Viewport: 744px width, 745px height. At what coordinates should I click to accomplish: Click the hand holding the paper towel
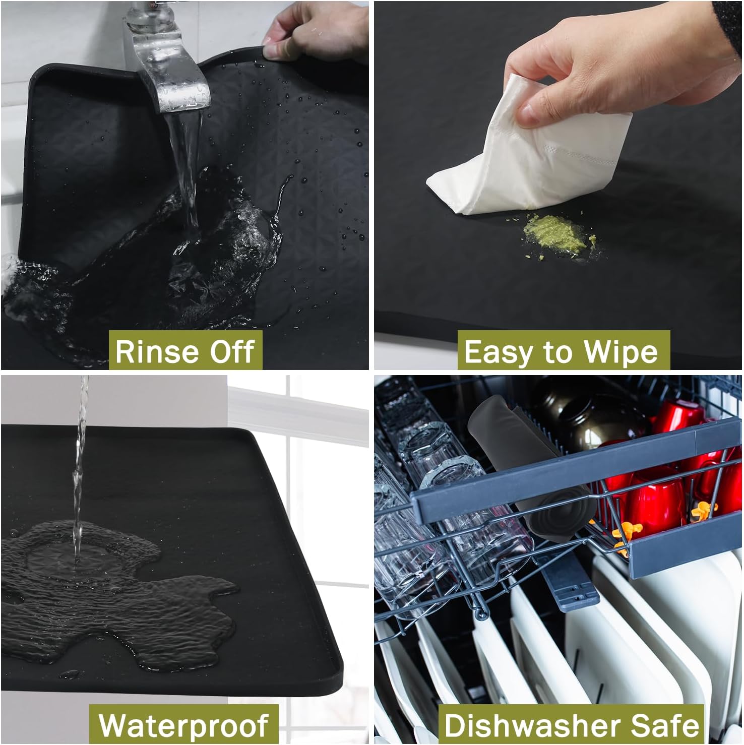[605, 71]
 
